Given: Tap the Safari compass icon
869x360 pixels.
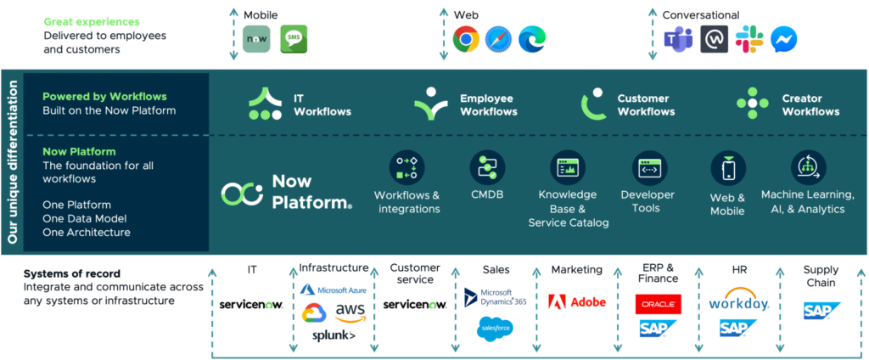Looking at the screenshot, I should click(x=498, y=39).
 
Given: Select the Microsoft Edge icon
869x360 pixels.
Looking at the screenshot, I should click(x=531, y=39).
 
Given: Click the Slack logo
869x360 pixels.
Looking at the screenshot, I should click(x=749, y=39).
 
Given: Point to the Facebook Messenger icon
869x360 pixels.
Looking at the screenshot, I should click(x=782, y=40).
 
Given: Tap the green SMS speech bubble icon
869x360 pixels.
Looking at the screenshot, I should click(x=294, y=39).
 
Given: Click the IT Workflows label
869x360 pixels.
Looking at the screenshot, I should click(x=322, y=105).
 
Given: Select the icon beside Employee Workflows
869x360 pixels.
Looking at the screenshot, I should click(x=430, y=104).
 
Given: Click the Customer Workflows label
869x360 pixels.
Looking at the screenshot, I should click(x=646, y=105).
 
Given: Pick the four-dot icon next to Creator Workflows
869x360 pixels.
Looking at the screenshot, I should click(x=752, y=104).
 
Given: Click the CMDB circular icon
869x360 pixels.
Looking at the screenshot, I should click(x=487, y=167).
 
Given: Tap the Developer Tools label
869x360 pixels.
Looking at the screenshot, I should click(x=648, y=202).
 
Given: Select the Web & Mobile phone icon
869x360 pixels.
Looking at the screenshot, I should click(x=727, y=168).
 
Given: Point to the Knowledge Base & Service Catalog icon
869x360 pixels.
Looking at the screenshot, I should click(x=567, y=167).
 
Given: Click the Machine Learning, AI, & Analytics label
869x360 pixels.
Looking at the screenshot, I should click(x=807, y=202).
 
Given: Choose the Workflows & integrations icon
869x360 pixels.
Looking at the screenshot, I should click(x=406, y=167).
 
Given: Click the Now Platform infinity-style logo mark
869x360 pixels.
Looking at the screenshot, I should click(x=242, y=194).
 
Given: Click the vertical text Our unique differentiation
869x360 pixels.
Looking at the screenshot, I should click(x=12, y=161).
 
